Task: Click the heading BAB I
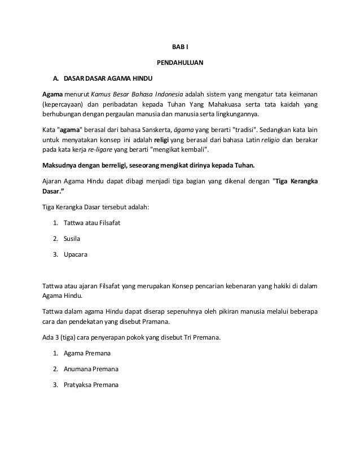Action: [x=179, y=45]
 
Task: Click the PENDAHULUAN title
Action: [x=179, y=61]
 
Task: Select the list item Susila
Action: [x=72, y=238]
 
